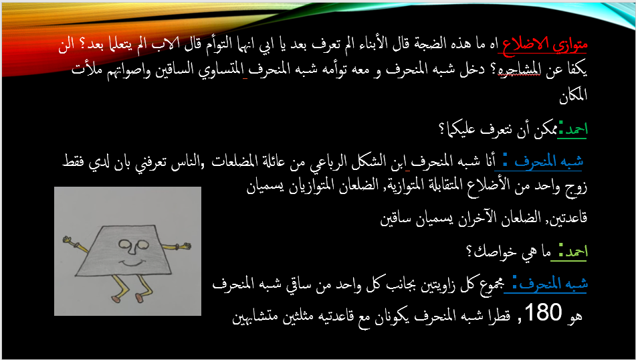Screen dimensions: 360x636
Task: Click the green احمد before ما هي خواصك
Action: (x=574, y=252)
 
